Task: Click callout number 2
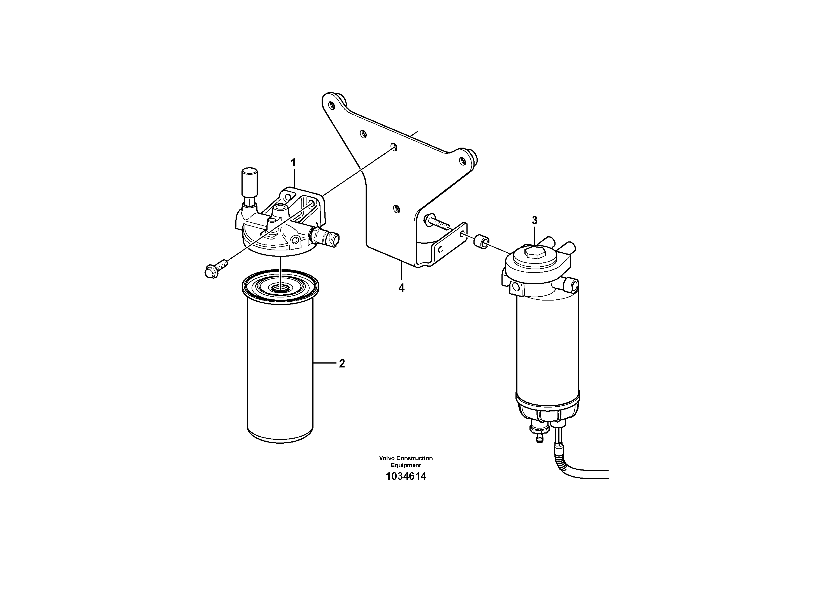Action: point(342,364)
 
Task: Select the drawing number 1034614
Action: point(406,476)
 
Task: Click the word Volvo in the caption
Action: point(387,458)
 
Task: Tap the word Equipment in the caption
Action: point(406,465)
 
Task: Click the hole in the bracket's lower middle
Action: point(397,209)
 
